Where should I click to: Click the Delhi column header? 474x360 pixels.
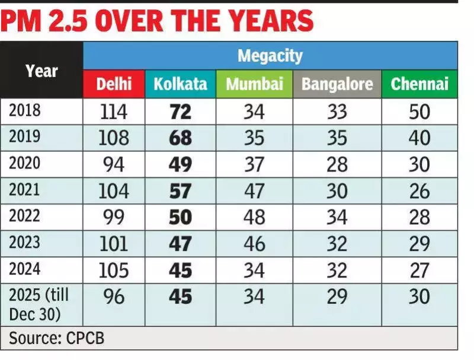click(113, 84)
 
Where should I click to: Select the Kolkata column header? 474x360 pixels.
click(180, 84)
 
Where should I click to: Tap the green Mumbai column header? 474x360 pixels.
click(254, 84)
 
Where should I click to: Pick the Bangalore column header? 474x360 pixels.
click(337, 84)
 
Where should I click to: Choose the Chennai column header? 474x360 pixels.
click(419, 84)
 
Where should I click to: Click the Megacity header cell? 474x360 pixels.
click(270, 56)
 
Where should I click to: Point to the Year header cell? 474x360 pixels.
click(41, 71)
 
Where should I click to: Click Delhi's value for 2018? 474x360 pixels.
click(113, 111)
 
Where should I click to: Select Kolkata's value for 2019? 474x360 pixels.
click(180, 138)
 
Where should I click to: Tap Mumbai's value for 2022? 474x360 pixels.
click(254, 216)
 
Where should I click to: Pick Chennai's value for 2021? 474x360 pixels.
click(419, 190)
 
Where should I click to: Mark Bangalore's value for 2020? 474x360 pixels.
click(337, 164)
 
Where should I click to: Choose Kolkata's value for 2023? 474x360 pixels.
click(180, 243)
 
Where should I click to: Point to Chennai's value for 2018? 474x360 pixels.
click(419, 111)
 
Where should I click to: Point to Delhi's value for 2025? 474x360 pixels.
click(113, 296)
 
